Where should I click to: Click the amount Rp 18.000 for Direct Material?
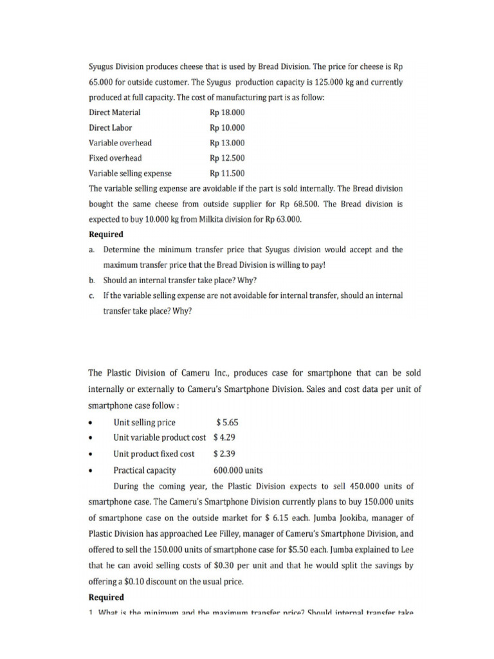pyautogui.click(x=227, y=113)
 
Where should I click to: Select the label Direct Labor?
pyautogui.click(x=110, y=127)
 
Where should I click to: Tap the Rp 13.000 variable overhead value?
pyautogui.click(x=227, y=143)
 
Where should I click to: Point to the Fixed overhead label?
pyautogui.click(x=115, y=158)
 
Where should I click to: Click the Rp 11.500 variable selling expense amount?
pyautogui.click(x=227, y=173)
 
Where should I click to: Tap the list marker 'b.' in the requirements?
pyautogui.click(x=92, y=280)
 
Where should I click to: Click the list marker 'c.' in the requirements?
pyautogui.click(x=92, y=295)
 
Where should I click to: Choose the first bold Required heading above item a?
pyautogui.click(x=106, y=234)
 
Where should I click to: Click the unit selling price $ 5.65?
pyautogui.click(x=228, y=422)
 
